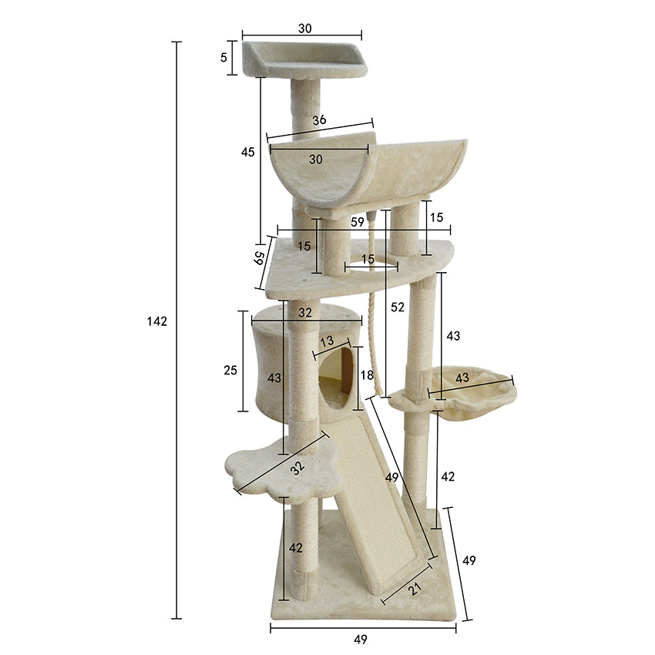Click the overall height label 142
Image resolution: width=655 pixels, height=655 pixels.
(156, 321)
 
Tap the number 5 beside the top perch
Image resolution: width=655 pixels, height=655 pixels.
(223, 57)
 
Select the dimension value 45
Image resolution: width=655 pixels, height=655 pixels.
(247, 153)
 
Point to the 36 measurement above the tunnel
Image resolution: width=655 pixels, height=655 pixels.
(319, 120)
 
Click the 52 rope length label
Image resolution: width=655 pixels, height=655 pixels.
(398, 307)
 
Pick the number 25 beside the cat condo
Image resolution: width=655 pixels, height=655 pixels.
(230, 371)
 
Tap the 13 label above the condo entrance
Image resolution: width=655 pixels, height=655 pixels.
(327, 341)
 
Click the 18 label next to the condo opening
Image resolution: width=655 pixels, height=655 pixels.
(368, 375)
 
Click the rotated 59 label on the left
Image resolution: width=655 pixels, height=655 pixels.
(260, 257)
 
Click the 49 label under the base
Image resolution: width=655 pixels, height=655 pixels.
(361, 640)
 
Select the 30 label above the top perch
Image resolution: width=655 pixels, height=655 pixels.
(304, 29)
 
